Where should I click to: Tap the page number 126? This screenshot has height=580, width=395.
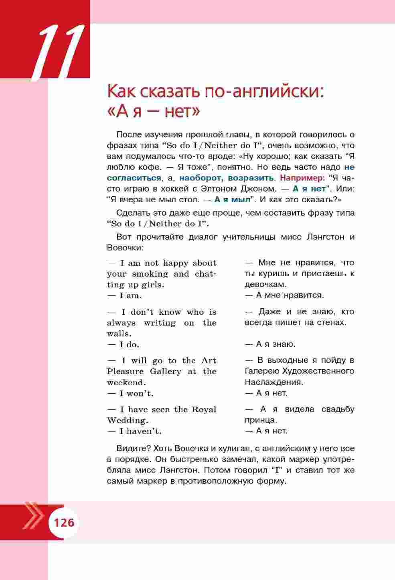point(64,523)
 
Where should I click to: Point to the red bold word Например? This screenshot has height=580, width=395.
point(302,178)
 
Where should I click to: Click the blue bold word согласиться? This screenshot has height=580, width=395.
point(134,178)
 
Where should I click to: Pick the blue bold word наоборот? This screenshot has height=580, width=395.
point(201,178)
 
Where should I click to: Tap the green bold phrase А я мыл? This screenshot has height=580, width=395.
point(232,199)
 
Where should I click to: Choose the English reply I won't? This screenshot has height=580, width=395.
point(136,393)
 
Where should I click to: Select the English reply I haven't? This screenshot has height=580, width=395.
point(140,431)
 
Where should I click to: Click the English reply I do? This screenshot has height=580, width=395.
point(129,344)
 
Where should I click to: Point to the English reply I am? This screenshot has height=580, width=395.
point(130,296)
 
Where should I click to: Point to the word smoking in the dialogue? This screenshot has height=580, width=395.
point(150,274)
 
